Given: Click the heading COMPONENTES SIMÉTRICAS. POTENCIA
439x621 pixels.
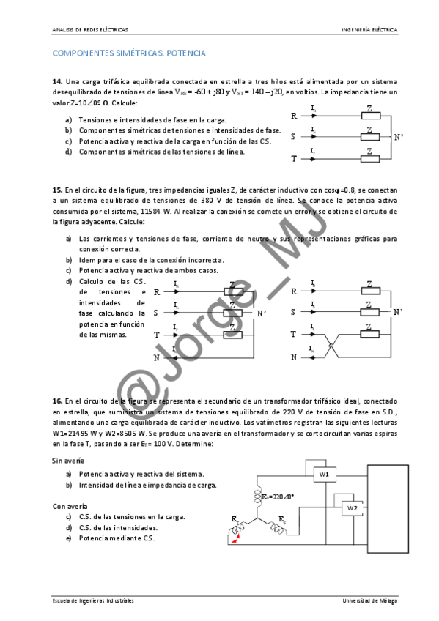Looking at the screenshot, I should (x=129, y=53).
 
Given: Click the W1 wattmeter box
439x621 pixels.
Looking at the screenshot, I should (x=324, y=475).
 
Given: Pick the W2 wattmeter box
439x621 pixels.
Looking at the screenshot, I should (x=352, y=507).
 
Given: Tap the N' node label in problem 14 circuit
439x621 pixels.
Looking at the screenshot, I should (x=399, y=137).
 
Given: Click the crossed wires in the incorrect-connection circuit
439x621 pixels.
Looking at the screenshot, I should (x=330, y=346).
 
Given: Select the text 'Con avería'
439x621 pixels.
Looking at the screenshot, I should (x=68, y=505).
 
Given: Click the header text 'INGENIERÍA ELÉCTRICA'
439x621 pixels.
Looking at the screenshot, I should (x=369, y=30).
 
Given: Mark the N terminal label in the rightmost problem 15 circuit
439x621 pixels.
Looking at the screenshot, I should (x=294, y=357).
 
